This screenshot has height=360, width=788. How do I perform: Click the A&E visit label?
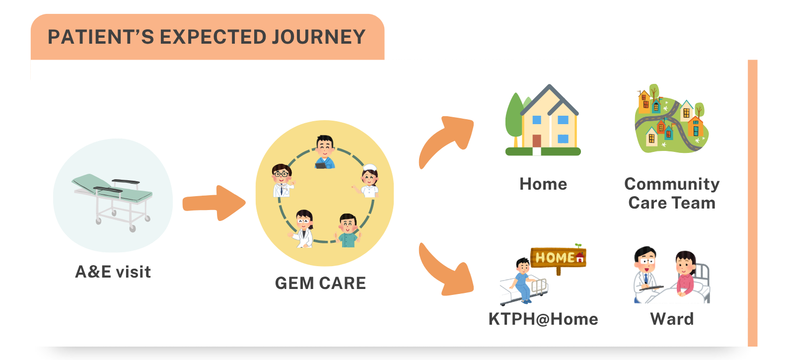tap(113, 272)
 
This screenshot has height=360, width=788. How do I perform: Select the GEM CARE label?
tap(320, 283)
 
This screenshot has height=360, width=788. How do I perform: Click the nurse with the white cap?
tap(368, 181)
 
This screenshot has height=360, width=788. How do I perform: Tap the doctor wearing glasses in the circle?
tap(282, 181)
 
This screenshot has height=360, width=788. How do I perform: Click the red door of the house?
tap(537, 141)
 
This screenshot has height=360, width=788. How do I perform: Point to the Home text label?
tap(543, 184)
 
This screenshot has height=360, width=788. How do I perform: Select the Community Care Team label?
tap(671, 193)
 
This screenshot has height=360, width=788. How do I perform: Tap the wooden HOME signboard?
tap(558, 258)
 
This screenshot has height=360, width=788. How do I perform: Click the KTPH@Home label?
tap(543, 319)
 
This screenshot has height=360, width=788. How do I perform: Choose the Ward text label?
tap(672, 319)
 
